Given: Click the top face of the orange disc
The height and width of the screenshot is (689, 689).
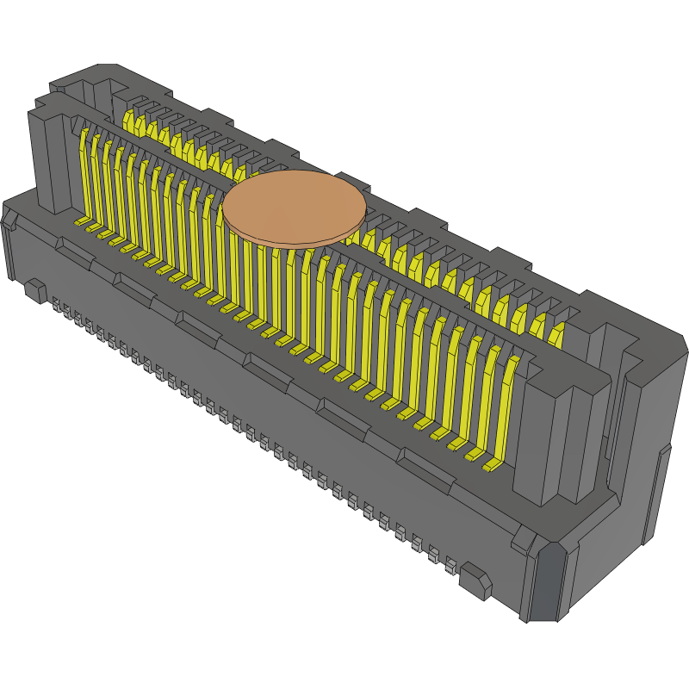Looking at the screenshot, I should tap(294, 204).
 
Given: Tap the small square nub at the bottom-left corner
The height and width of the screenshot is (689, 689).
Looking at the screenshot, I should tap(35, 290).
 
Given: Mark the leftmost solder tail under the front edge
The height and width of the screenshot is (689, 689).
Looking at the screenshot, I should tap(57, 305).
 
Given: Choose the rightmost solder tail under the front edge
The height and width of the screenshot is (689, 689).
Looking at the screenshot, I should tap(450, 565).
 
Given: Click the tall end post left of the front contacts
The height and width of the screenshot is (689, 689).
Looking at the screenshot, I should tap(52, 159).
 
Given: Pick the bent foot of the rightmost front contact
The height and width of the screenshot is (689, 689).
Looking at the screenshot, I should tap(491, 466).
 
